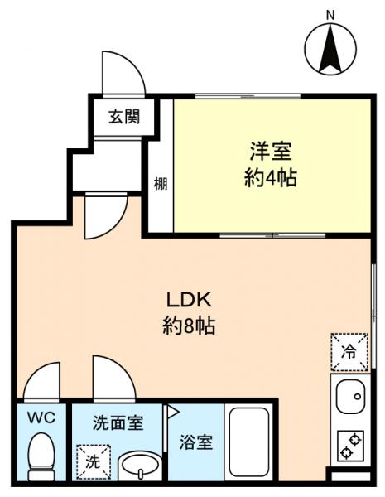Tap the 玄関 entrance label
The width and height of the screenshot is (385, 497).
(123, 116)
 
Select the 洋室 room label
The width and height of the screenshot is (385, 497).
(271, 152)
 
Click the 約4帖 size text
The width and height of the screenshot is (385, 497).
(271, 177)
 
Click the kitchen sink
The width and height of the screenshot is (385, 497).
(351, 399)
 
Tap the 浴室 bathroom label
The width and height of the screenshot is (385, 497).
(196, 442)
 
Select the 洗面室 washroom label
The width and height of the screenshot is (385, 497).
(118, 422)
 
